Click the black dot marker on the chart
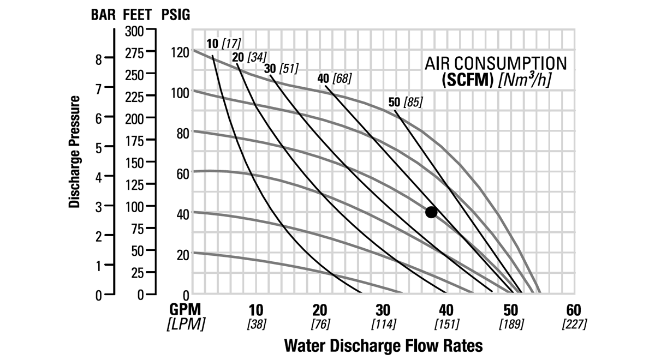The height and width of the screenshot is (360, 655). click(x=431, y=212)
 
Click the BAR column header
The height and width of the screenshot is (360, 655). click(x=103, y=15)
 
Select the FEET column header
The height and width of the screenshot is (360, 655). click(x=137, y=15)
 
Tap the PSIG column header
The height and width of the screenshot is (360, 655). click(x=176, y=15)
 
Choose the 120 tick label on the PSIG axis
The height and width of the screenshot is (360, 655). click(x=179, y=52)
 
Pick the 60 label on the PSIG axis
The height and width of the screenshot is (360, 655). click(x=182, y=173)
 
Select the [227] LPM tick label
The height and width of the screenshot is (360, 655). click(x=574, y=324)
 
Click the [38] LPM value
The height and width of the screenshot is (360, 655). click(x=257, y=324)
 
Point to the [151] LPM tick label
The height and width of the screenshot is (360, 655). click(x=446, y=324)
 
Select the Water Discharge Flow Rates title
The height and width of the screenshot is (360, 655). click(x=384, y=345)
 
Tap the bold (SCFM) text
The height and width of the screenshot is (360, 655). click(x=467, y=80)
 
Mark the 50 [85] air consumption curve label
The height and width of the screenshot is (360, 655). click(x=405, y=102)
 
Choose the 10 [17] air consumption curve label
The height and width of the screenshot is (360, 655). click(x=224, y=44)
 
